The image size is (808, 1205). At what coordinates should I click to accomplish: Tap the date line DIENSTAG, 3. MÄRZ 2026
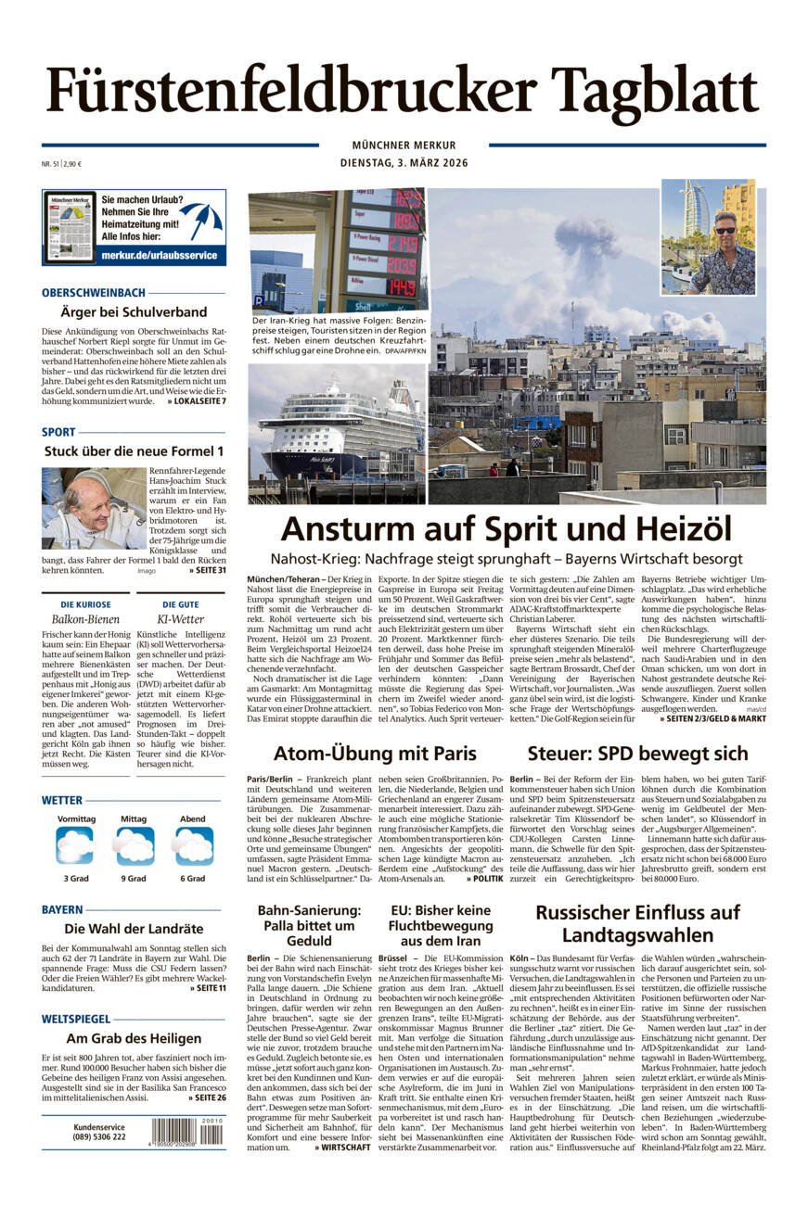[404, 163]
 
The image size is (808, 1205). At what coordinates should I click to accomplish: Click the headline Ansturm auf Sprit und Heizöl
[506, 529]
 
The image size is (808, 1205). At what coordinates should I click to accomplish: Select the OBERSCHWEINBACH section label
[94, 292]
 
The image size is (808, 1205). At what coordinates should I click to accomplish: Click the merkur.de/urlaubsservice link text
[159, 255]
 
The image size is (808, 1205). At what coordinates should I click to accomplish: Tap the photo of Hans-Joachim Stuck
[94, 507]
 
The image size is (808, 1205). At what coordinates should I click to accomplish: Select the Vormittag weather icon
[75, 845]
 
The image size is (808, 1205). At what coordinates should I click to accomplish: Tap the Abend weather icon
[193, 845]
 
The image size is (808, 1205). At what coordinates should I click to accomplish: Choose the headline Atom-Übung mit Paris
[375, 752]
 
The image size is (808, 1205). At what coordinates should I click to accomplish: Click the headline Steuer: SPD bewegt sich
[637, 752]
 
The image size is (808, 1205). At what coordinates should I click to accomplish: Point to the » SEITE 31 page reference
[208, 569]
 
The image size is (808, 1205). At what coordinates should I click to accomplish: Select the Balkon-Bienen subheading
[86, 617]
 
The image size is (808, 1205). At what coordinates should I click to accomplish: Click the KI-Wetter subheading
[180, 617]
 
